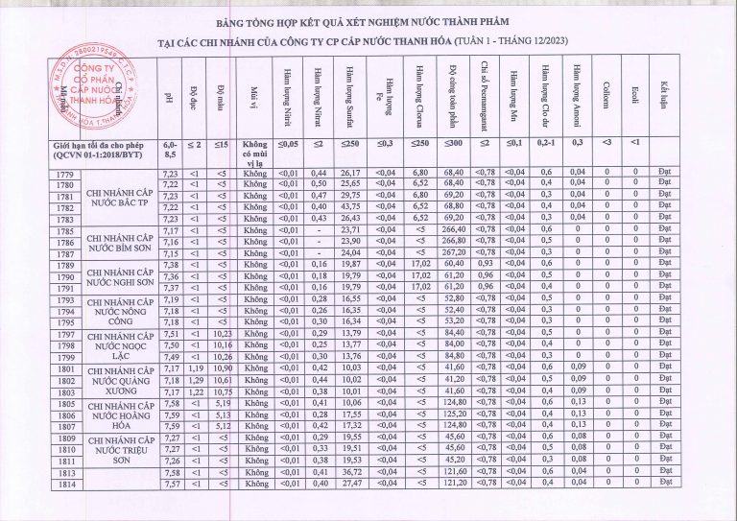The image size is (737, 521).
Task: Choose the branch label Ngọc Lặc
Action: (x=120, y=344)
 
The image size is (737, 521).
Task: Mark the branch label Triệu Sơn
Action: (x=120, y=448)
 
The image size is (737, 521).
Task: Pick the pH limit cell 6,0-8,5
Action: (x=170, y=150)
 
